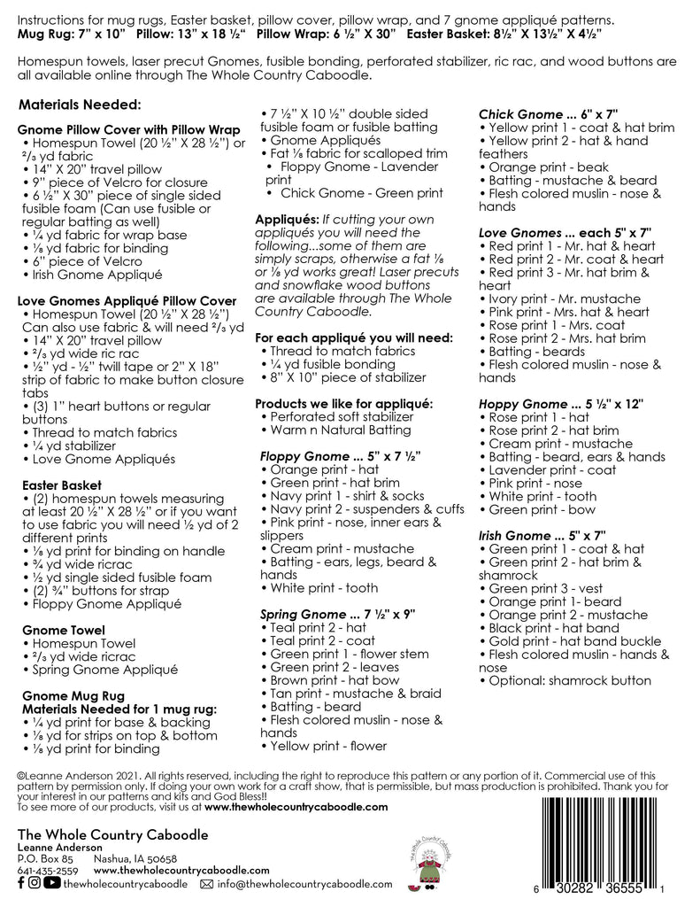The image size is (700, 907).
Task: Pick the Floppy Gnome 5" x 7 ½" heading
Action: [337, 455]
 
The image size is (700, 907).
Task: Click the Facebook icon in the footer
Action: [21, 882]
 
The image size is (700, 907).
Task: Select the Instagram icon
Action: [35, 882]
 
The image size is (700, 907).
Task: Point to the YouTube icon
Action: [51, 882]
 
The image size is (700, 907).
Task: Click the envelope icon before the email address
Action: [207, 883]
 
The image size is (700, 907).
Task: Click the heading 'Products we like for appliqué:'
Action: [343, 403]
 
